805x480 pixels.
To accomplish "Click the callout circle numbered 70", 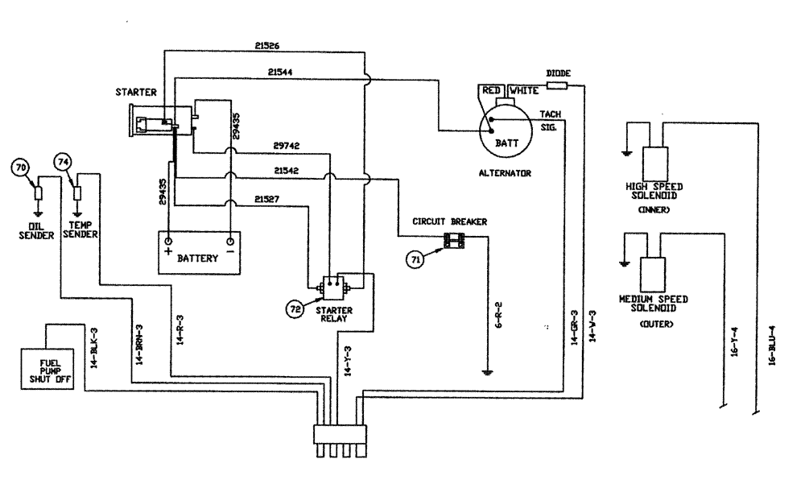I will (21, 168).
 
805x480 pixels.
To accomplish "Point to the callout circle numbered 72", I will (297, 307).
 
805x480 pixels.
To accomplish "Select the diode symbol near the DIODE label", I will (558, 85).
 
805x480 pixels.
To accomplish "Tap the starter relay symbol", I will (332, 286).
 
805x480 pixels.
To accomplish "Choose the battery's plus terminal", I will (169, 241).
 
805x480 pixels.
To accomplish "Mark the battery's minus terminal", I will (230, 241).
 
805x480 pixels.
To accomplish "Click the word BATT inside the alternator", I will (507, 142).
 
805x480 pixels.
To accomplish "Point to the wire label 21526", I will (266, 46).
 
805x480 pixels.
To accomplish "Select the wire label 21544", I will (281, 73).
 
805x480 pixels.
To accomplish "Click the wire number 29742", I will (286, 146).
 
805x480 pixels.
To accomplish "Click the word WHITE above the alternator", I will (524, 91).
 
